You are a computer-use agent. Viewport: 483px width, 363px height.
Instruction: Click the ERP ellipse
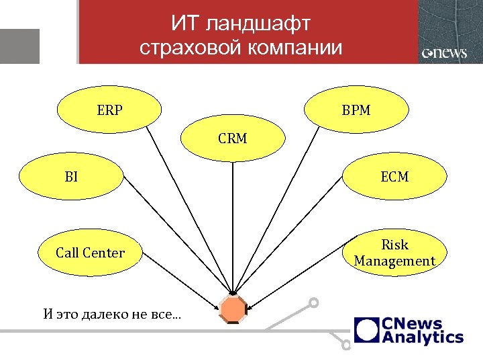[x=109, y=109]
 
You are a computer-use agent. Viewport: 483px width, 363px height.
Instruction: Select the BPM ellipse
[x=356, y=109]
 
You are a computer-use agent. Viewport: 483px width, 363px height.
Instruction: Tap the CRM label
[x=232, y=139]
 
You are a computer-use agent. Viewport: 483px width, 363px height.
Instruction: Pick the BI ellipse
[x=71, y=177]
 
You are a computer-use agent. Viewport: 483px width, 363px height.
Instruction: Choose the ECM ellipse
[x=394, y=177]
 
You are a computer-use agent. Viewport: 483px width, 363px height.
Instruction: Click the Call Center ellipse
[x=90, y=253]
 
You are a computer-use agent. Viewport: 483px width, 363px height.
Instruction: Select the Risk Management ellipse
[x=394, y=253]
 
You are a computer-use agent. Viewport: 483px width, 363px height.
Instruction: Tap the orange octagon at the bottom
[x=233, y=309]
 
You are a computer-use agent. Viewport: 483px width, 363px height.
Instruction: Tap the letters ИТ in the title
[x=184, y=25]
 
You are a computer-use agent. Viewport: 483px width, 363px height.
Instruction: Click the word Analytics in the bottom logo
[x=423, y=337]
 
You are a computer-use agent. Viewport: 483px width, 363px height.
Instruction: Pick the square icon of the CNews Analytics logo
[x=367, y=330]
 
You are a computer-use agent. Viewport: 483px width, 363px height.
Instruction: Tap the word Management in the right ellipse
[x=394, y=261]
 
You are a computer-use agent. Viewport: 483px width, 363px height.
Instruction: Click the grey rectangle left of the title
[x=19, y=46]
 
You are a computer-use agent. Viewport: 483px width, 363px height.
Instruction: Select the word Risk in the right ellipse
[x=394, y=245]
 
